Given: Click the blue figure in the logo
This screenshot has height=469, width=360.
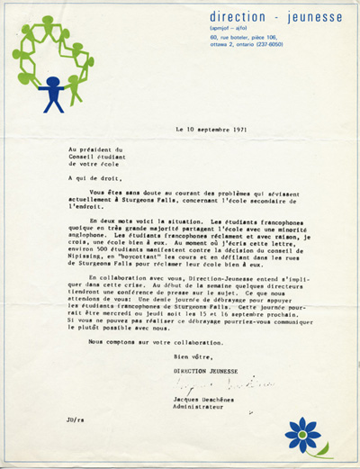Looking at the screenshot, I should (52, 93).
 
